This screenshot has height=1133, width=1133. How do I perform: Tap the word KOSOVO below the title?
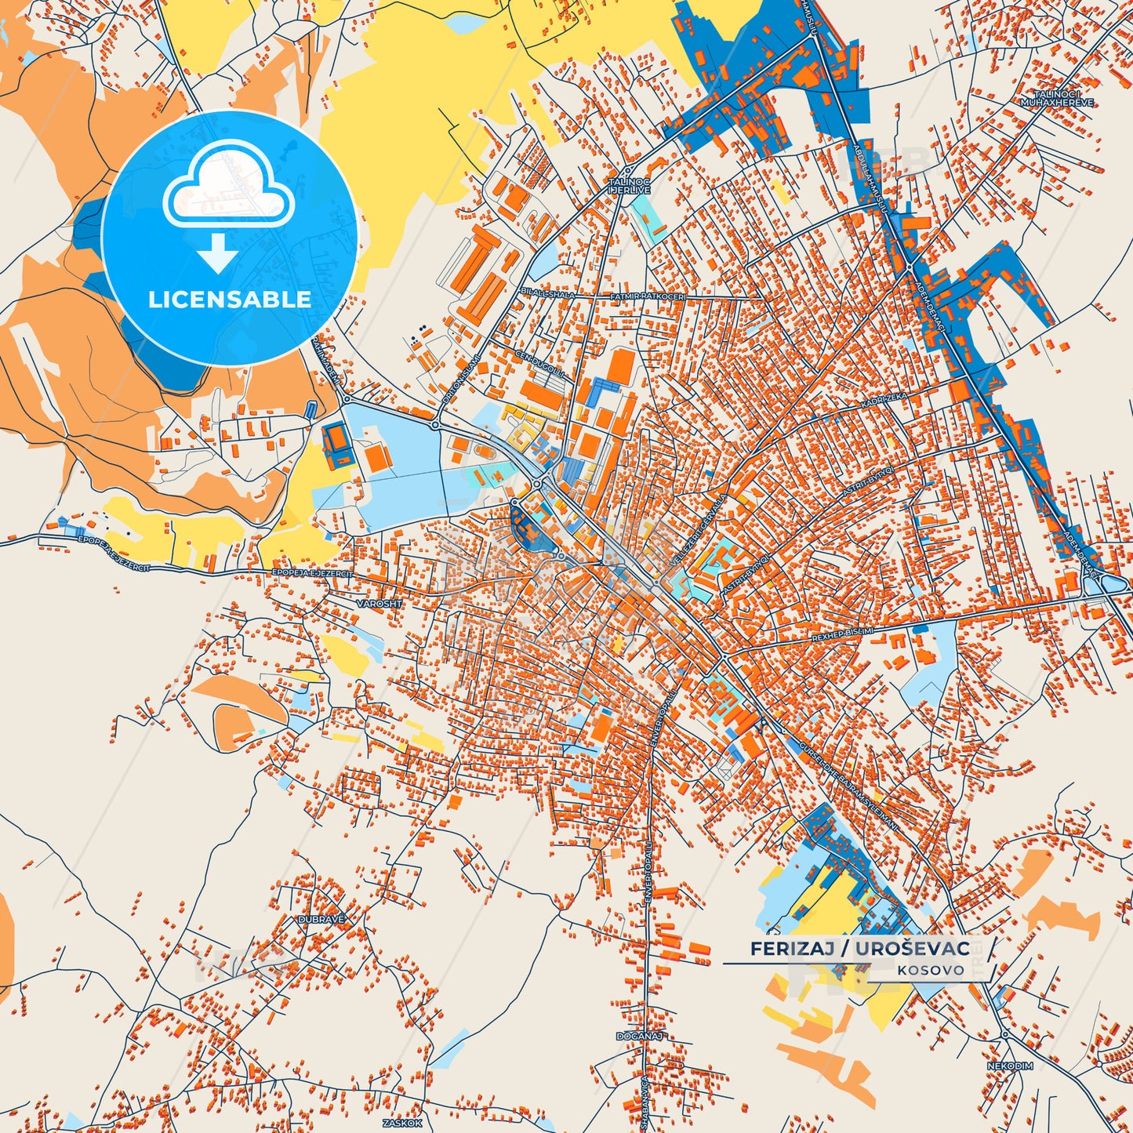coord(931,970)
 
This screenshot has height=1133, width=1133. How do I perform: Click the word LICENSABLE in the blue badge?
coord(230,300)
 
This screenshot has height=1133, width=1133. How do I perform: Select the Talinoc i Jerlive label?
coord(630,186)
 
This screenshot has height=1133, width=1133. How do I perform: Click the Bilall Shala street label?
coord(548,294)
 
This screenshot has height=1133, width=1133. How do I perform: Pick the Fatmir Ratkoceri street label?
coord(648,296)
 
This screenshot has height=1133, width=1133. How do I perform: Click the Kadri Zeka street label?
coord(884,401)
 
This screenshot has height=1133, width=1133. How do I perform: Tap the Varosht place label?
coord(379,604)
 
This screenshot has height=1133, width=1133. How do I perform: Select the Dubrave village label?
coord(321,918)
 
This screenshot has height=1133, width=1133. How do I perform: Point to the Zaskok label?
coord(402,1123)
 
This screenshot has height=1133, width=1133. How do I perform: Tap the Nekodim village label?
coord(1010,1066)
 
